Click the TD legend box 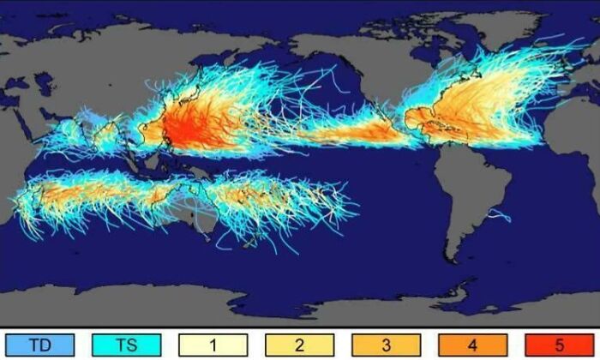point(39,345)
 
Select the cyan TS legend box point(125,345)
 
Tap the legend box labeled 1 point(213,345)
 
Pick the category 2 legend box point(300,345)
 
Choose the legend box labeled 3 point(387,345)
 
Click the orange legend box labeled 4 point(474,345)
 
